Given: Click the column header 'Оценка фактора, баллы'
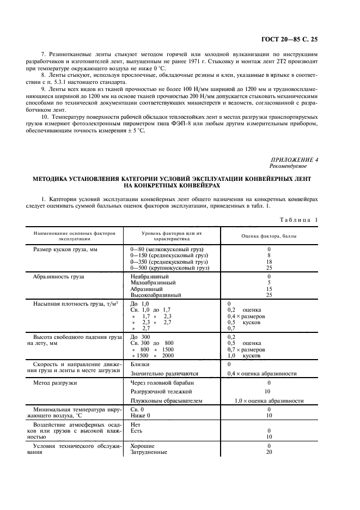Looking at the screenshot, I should click(x=269, y=235).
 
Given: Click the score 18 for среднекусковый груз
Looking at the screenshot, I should click(x=269, y=262).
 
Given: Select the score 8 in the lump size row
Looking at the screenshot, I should click(x=269, y=255).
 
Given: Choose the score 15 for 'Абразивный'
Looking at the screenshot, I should click(x=269, y=289).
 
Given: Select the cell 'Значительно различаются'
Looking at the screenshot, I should click(x=164, y=374).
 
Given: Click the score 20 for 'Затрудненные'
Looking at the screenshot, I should click(x=269, y=452).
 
